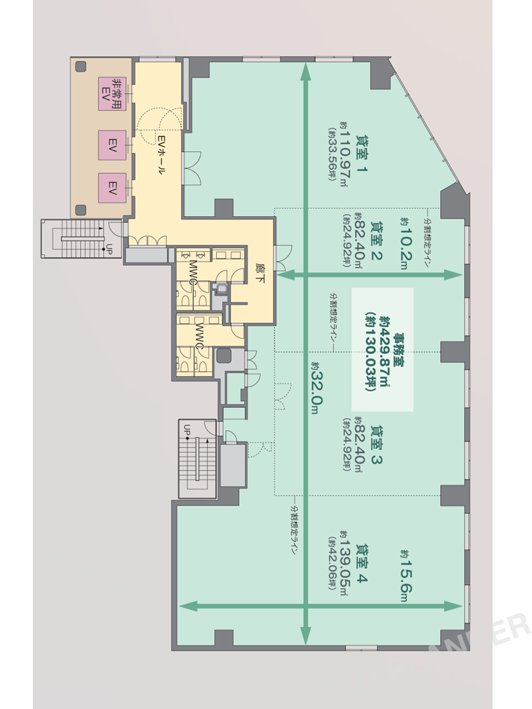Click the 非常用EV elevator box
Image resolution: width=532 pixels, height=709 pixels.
[x=112, y=94]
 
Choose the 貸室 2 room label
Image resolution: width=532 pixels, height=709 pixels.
[x=376, y=241]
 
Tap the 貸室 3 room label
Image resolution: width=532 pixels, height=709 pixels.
[x=376, y=445]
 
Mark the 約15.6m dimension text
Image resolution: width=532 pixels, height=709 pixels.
[x=405, y=576]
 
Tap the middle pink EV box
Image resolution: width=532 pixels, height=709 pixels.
[x=112, y=145]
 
